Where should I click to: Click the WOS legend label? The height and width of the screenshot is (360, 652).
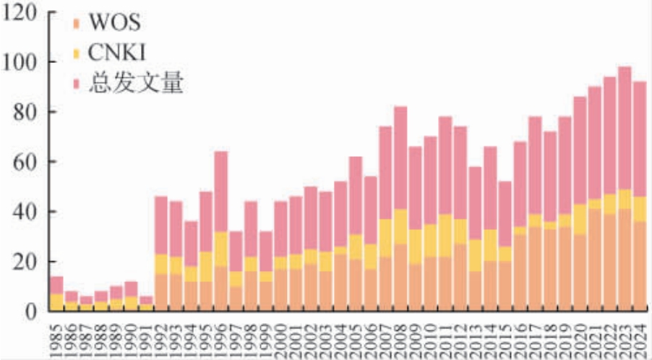point(114,22)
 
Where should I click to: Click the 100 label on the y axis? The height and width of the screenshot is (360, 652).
point(22,63)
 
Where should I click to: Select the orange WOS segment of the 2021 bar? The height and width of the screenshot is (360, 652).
point(594,260)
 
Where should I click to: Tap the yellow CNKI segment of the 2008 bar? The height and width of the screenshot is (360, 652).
point(400,226)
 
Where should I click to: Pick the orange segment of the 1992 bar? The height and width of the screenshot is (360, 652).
point(160,293)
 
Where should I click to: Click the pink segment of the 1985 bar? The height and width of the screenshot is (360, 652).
point(56,285)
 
